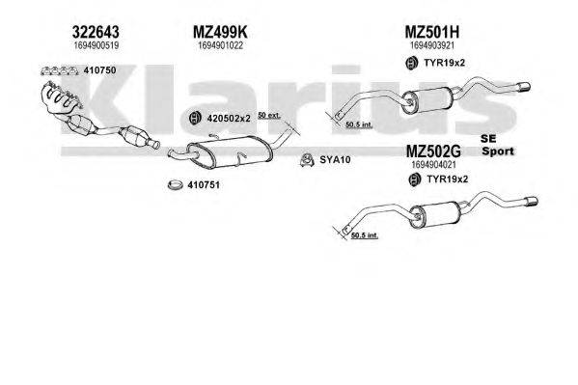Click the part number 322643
(x=96, y=30)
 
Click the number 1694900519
(x=96, y=44)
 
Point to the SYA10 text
(x=337, y=159)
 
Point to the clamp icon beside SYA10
(x=305, y=159)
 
